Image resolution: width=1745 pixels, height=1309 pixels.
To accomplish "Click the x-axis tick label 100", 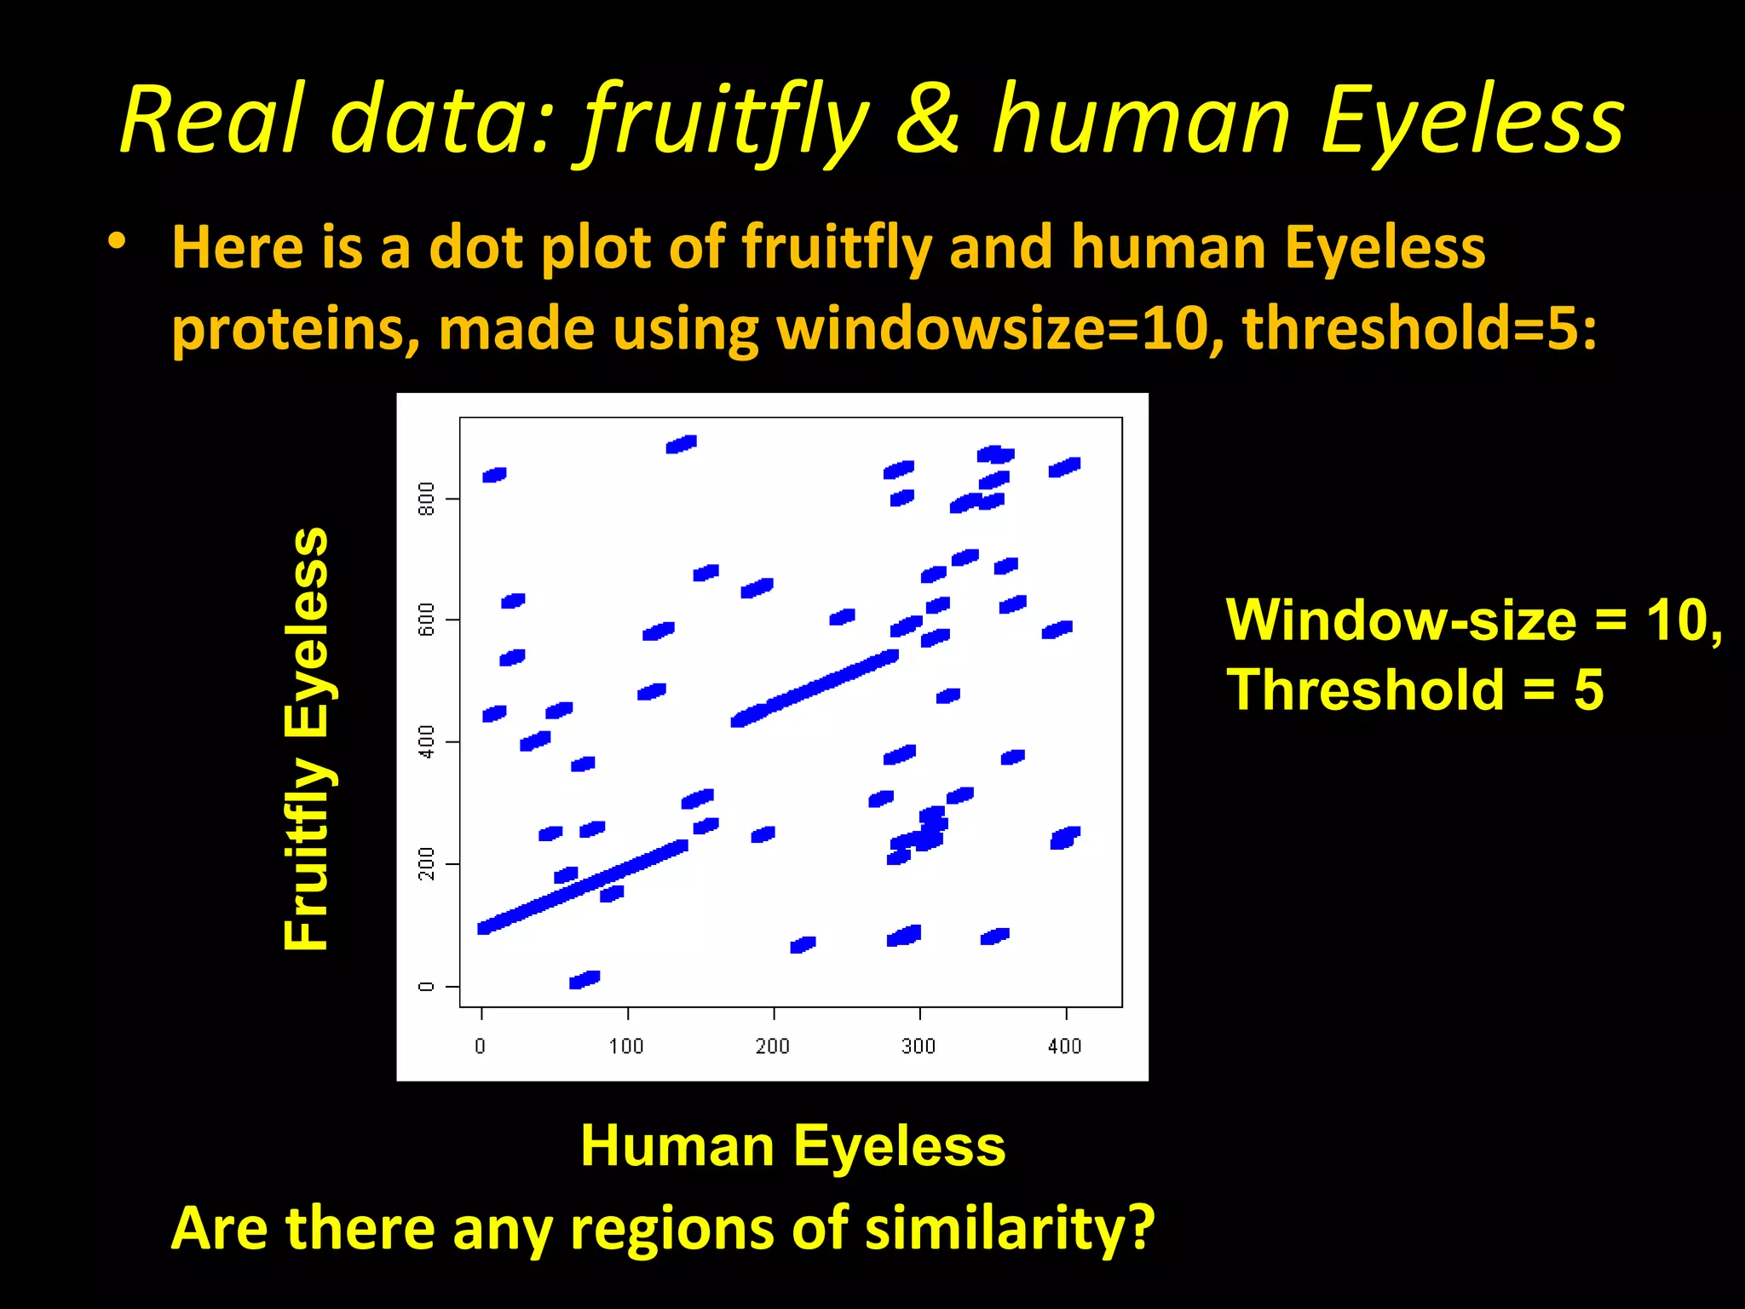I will coord(626,1046).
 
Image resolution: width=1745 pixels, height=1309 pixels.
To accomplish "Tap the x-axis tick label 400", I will coord(1064,1046).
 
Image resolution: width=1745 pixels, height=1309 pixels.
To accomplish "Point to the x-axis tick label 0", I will coord(481,1046).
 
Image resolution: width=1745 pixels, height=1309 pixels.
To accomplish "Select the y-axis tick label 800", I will coord(427,499).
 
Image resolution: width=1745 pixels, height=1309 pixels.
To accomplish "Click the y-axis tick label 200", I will coord(427,863).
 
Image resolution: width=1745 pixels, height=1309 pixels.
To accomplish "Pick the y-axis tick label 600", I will coord(427,620).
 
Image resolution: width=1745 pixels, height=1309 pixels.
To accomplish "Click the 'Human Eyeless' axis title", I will coord(792,1145).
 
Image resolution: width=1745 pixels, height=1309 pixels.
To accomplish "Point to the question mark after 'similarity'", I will coord(1138,1228).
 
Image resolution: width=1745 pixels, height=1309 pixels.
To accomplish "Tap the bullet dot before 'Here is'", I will coord(118,242).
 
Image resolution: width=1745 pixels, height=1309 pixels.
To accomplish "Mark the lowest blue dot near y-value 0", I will coord(585,979).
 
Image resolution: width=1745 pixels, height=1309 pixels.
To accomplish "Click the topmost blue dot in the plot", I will coord(682,444).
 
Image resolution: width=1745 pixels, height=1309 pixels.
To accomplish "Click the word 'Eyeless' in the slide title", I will coord(1472,121).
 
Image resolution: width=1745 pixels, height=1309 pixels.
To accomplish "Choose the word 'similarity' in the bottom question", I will coord(988,1228).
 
